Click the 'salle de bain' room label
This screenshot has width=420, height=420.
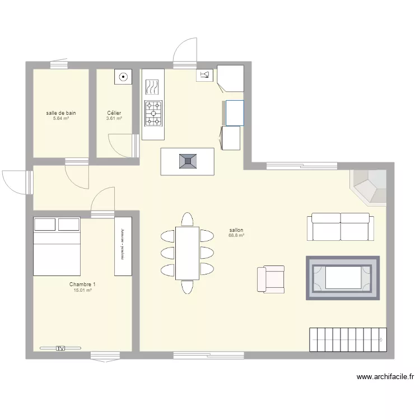tap(61, 113)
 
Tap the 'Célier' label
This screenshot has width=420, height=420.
tap(114, 113)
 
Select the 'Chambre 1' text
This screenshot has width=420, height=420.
tap(82, 284)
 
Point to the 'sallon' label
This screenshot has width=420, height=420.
tap(236, 230)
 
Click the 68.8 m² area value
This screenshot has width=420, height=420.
tap(236, 235)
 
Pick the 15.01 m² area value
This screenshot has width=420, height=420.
tap(82, 290)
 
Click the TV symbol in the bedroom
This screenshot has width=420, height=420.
tap(60, 348)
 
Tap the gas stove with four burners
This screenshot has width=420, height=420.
tap(153, 112)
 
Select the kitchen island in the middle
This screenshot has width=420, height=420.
tap(187, 161)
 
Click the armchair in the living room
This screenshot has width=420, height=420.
tap(270, 279)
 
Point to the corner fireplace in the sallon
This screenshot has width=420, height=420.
tap(369, 186)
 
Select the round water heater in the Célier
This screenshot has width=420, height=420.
tap(123, 77)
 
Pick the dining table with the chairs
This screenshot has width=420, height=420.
tap(187, 253)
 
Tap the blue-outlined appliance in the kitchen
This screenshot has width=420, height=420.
tap(235, 113)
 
